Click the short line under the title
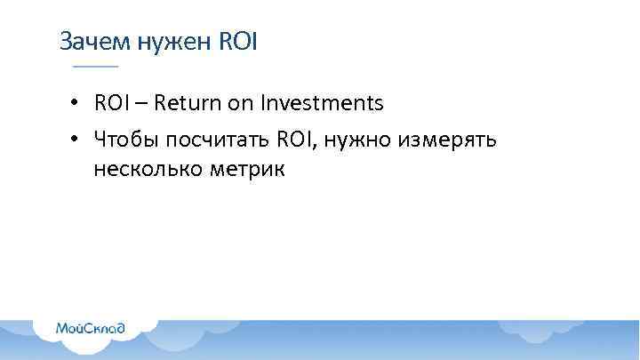(94, 68)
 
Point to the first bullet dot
(77, 105)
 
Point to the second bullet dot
(77, 140)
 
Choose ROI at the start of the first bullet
(112, 104)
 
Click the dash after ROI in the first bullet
(142, 105)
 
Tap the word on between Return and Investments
(241, 105)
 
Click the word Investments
(321, 104)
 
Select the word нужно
(351, 140)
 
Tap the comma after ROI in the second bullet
(313, 147)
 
